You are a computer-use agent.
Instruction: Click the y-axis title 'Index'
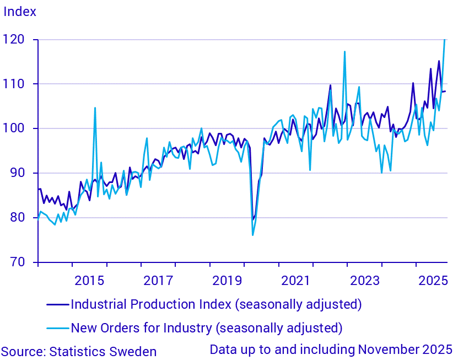click(20, 12)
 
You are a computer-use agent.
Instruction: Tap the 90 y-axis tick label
click(20, 173)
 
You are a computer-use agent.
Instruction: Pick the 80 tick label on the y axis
click(20, 218)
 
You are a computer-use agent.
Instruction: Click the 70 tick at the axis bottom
click(20, 262)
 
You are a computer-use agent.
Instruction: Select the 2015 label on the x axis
click(89, 280)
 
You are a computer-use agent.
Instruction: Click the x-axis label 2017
click(158, 280)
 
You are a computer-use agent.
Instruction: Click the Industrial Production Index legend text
click(216, 304)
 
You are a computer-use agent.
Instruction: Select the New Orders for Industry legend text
click(207, 328)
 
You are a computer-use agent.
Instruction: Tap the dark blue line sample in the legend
click(57, 304)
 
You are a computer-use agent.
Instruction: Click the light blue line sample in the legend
click(57, 328)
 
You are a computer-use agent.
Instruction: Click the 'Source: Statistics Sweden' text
click(79, 352)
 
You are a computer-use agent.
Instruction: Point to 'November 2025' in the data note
click(405, 350)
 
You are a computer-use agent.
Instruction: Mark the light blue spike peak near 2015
click(95, 108)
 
